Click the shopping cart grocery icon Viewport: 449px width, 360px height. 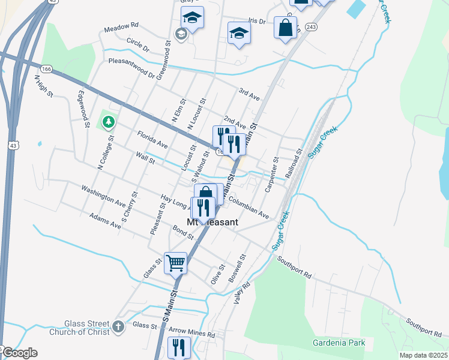175,262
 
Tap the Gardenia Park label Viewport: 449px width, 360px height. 339,343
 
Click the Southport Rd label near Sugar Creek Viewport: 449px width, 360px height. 295,268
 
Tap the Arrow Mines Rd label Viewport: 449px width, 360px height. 192,334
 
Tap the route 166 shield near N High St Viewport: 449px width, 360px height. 47,70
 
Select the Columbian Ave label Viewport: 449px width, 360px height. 248,208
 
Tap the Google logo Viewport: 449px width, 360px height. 19,353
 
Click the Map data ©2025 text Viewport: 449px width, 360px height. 423,355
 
